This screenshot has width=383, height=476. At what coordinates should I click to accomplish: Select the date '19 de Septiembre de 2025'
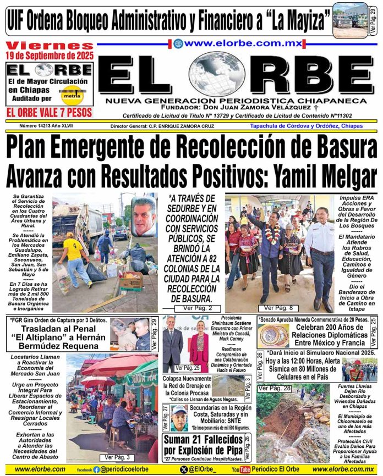click(x=50, y=56)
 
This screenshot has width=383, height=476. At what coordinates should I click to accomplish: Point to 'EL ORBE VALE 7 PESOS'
click(x=50, y=113)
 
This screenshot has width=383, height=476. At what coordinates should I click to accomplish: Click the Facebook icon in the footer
click(x=96, y=469)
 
